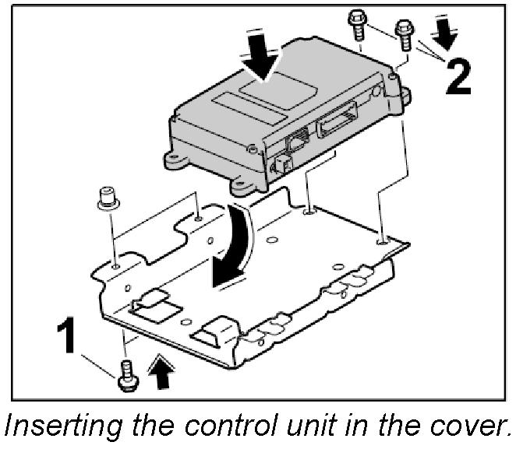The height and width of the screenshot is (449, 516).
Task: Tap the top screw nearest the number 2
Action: pos(405,35)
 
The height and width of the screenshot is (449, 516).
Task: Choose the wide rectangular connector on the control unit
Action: pos(336,125)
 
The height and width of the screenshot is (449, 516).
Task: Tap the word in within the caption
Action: pos(371,426)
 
